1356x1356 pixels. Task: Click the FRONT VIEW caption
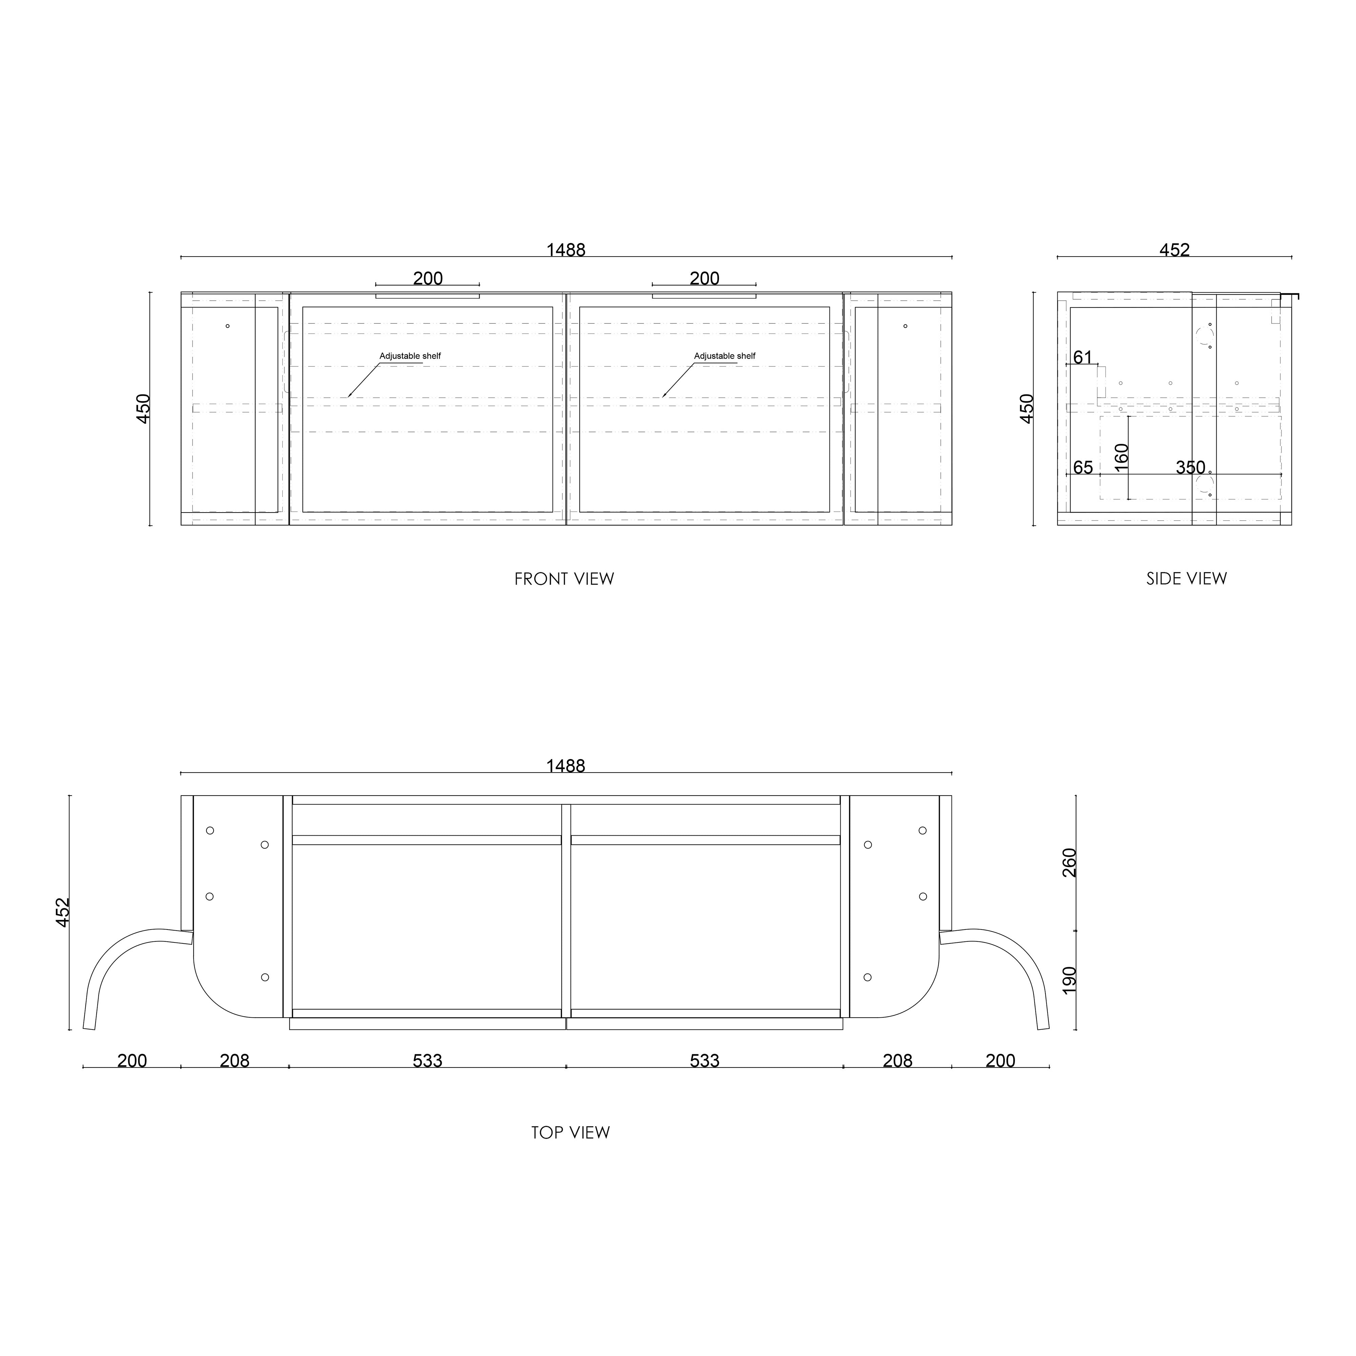click(x=564, y=579)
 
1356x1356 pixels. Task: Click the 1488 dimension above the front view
click(x=566, y=250)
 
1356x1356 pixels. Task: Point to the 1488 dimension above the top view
click(x=566, y=766)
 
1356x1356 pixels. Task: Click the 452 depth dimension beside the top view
click(x=63, y=913)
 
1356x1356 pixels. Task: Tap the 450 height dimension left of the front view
click(x=143, y=408)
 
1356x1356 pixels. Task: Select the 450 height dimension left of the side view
click(x=1027, y=408)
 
